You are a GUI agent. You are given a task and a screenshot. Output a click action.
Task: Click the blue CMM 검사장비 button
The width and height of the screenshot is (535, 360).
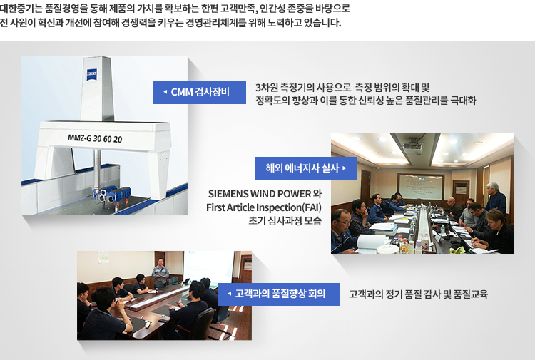200,93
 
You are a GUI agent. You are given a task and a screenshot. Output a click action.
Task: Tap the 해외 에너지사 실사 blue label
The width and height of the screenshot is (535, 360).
306,168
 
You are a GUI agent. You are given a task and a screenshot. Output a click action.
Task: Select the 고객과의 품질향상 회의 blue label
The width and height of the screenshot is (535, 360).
278,294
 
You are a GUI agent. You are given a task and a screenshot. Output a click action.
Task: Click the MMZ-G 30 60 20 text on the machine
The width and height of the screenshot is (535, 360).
95,138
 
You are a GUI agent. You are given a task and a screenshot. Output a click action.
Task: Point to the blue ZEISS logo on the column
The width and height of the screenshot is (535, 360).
92,74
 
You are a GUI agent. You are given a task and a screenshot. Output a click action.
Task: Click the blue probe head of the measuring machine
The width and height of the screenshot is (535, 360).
111,195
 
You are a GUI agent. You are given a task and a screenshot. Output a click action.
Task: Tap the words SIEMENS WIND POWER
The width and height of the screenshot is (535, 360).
260,194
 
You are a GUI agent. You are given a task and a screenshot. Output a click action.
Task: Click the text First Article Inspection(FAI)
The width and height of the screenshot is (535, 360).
264,207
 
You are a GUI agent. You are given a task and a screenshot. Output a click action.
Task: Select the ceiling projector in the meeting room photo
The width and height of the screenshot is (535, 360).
412,147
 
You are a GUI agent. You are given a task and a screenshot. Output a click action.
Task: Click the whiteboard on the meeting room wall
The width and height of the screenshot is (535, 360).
420,187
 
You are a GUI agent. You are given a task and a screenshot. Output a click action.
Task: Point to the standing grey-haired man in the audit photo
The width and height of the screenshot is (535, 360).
495,200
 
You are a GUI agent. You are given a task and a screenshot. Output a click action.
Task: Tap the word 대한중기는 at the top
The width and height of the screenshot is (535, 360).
21,9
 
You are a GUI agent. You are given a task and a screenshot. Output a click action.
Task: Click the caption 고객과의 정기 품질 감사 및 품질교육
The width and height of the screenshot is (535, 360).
418,294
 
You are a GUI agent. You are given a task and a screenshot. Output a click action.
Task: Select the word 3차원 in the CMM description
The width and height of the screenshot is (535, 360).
267,88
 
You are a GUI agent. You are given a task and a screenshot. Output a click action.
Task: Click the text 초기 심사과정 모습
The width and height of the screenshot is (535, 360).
285,221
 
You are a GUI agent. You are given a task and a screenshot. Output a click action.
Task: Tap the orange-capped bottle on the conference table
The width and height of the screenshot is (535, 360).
404,245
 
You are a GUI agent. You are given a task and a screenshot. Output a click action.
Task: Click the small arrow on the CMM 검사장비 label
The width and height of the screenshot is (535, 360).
165,92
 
